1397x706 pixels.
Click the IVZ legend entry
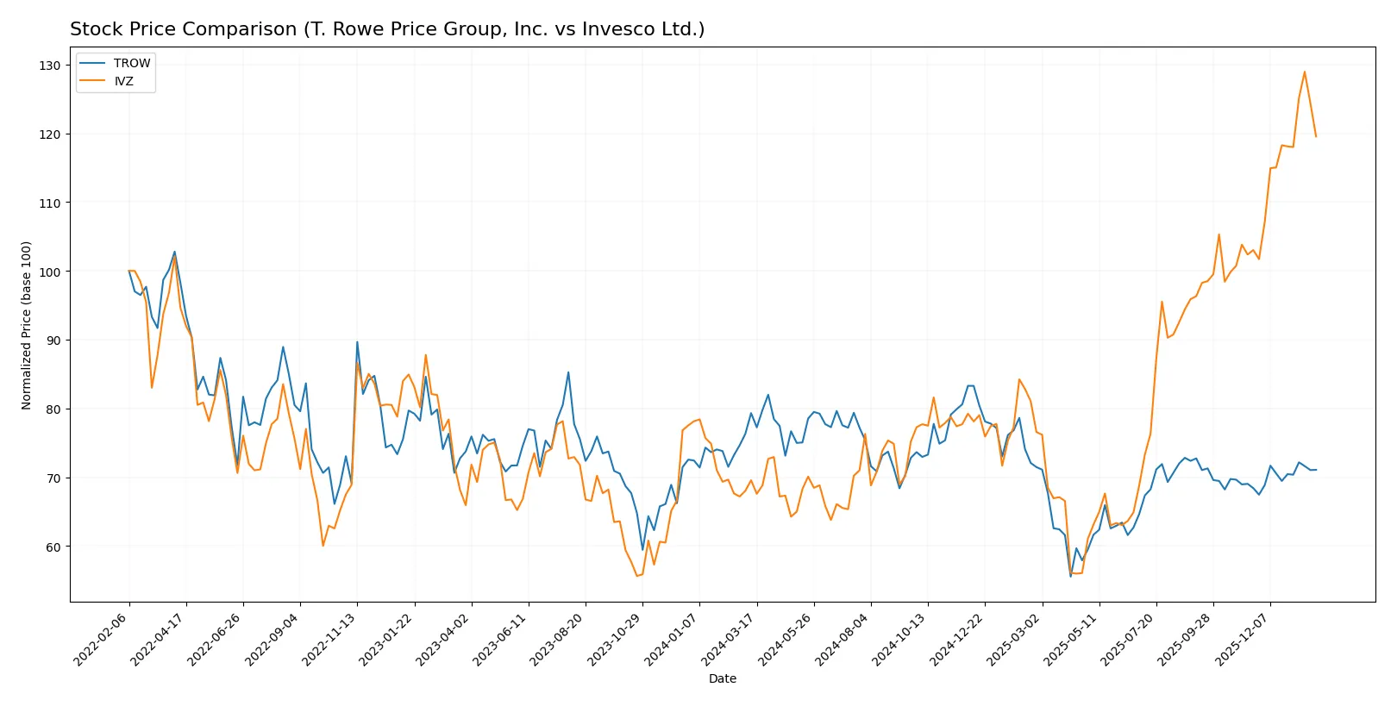pos(123,81)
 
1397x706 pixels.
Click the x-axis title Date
pos(722,678)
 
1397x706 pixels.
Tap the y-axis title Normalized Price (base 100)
pos(27,325)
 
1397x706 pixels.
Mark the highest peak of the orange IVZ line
pos(1304,72)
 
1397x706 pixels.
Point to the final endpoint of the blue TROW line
pos(1315,470)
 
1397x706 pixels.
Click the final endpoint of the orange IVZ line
pos(1315,136)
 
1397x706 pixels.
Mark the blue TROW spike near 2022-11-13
pos(357,342)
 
